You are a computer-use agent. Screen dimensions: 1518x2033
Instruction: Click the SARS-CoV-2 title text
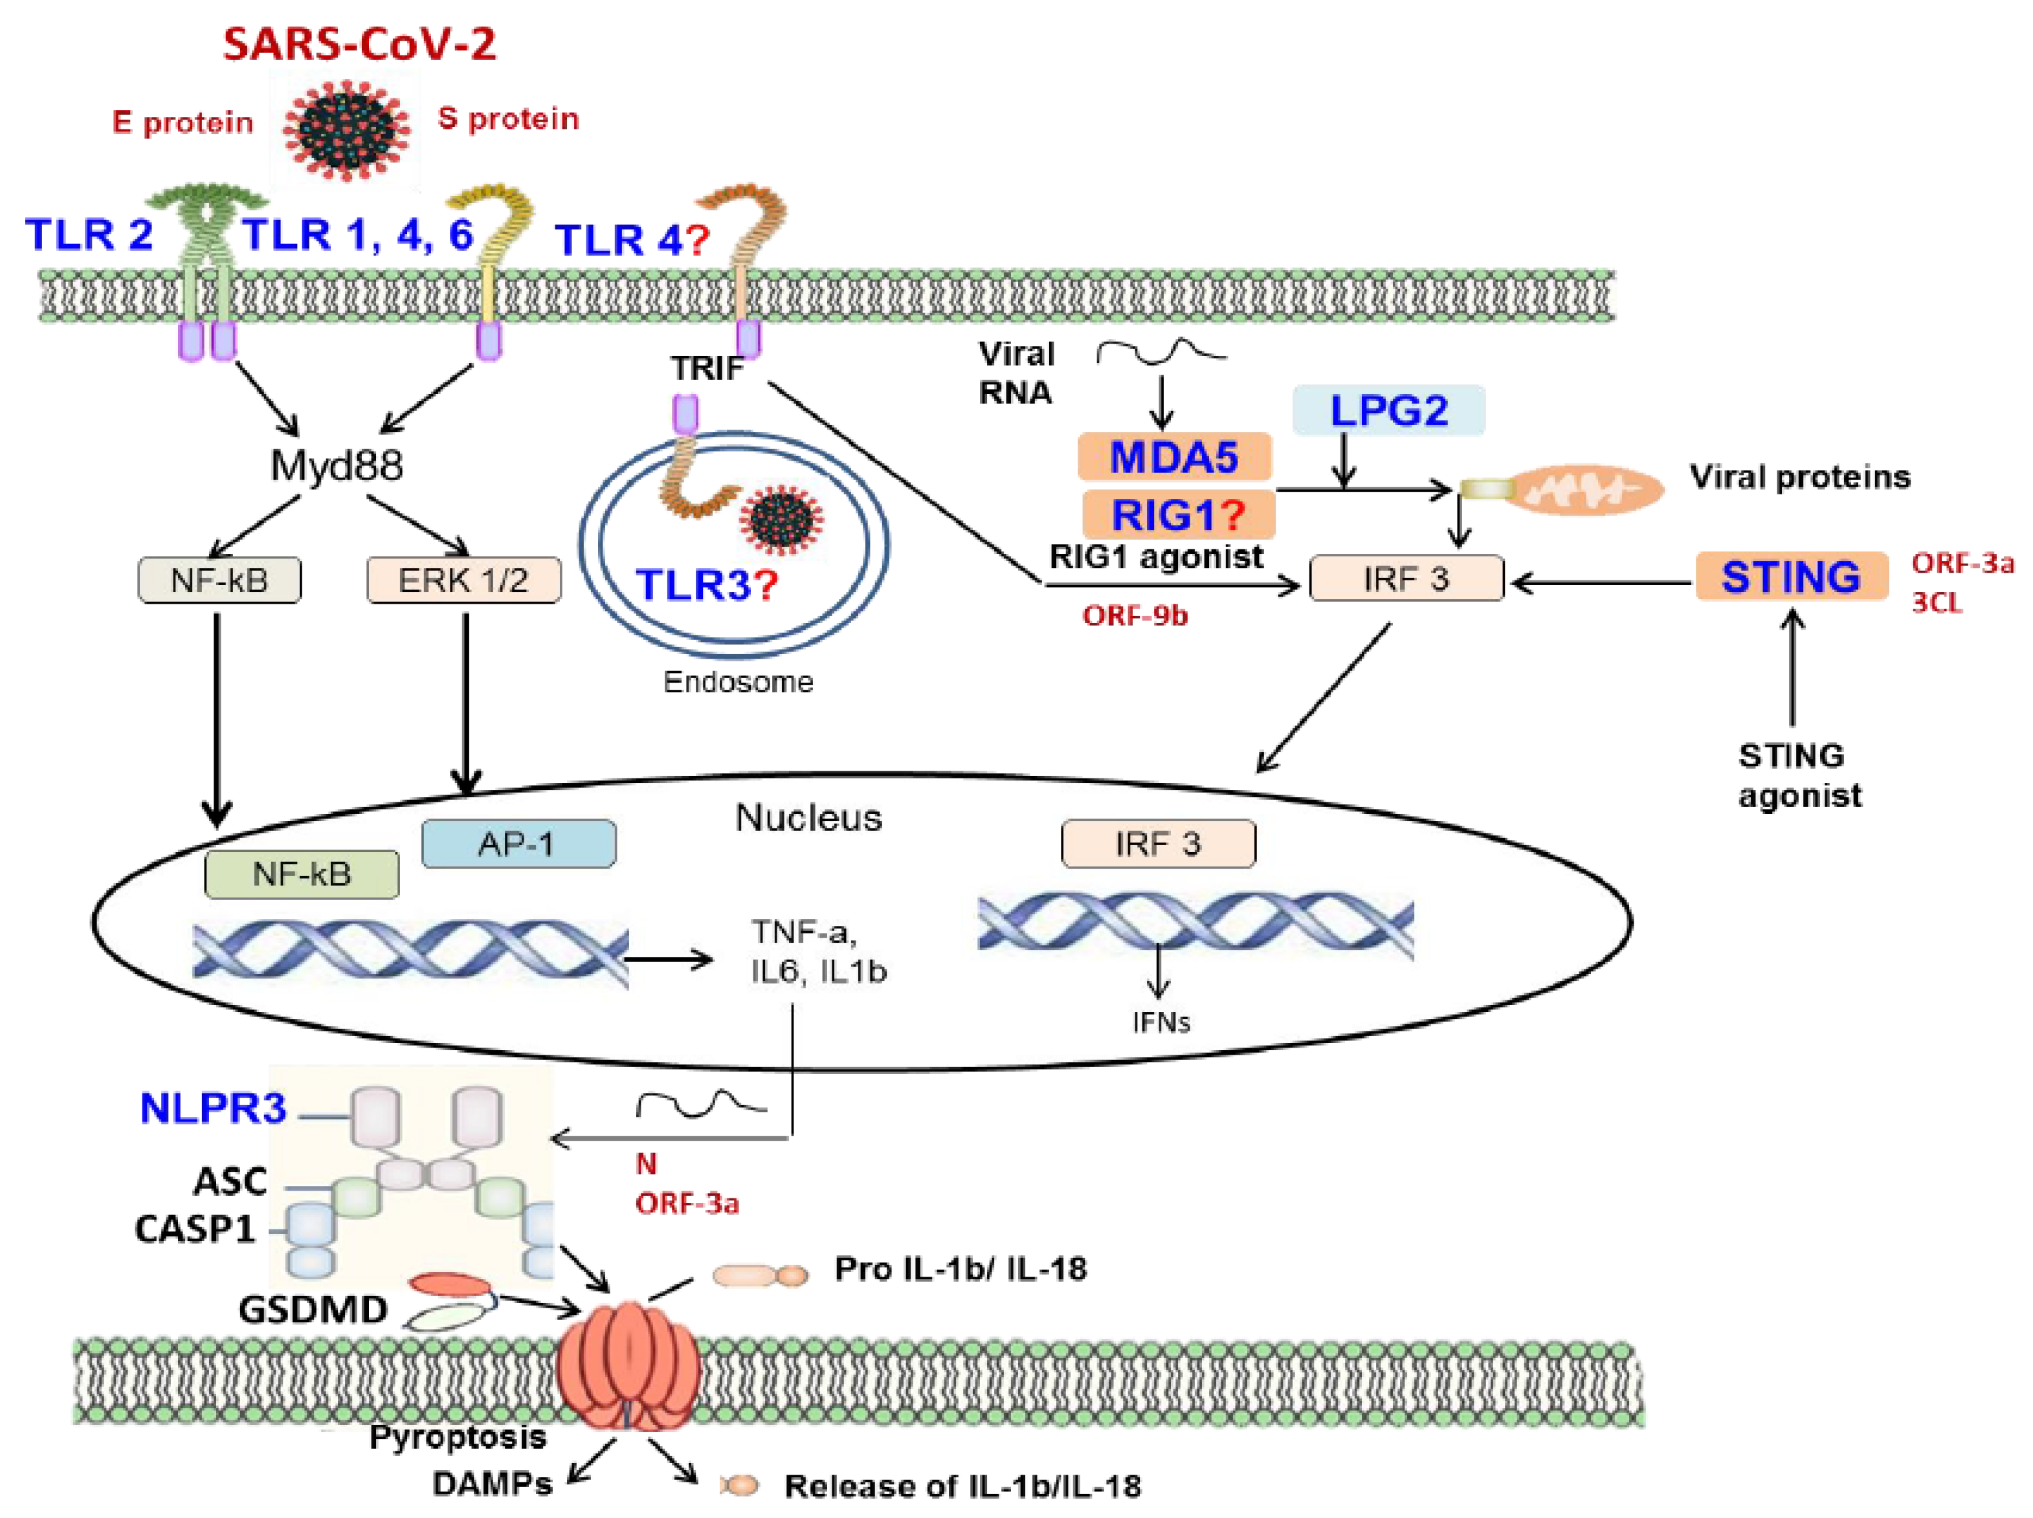(359, 44)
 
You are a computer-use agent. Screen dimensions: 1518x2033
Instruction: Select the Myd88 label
(337, 465)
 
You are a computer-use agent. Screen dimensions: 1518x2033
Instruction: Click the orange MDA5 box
(1173, 457)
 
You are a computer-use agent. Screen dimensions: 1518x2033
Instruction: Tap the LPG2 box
(1388, 410)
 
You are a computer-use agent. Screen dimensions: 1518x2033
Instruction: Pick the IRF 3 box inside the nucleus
(1158, 844)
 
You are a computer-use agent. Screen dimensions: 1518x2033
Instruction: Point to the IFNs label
(1161, 1022)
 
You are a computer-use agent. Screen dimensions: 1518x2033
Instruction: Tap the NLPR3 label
(213, 1108)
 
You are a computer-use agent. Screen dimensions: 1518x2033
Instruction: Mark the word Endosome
(738, 682)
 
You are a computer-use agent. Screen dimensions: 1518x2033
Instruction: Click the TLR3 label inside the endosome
(706, 584)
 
